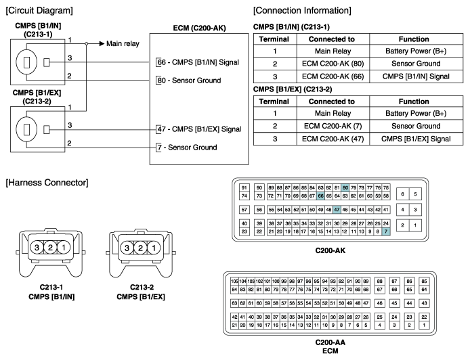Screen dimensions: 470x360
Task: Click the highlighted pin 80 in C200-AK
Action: pos(345,188)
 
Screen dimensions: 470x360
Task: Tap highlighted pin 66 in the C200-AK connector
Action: pos(321,196)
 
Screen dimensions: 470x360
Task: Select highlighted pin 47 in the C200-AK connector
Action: pos(337,210)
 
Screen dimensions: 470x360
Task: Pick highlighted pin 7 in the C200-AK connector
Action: pos(386,231)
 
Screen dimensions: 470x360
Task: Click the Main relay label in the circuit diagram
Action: pos(123,44)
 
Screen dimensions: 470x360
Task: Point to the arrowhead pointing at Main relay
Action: pos(102,44)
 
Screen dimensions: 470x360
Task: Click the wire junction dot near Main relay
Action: pos(86,44)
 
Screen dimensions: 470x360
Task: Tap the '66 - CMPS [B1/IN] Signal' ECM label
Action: pos(198,62)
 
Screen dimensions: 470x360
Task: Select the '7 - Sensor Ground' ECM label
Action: pos(188,148)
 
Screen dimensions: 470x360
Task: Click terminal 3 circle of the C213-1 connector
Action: pos(37,248)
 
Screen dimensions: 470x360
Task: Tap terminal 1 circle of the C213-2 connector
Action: pos(154,248)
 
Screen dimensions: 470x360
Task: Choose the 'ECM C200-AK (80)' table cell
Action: pos(333,64)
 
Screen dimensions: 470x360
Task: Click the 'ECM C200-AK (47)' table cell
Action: pos(333,139)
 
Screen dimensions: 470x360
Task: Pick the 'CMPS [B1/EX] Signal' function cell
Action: pos(416,139)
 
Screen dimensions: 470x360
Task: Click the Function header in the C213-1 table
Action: pos(414,39)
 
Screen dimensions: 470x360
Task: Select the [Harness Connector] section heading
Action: pos(47,183)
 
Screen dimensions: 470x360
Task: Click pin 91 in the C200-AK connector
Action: pos(244,188)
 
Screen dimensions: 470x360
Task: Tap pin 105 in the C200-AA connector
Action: pos(234,282)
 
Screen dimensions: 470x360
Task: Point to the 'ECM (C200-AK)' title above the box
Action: pos(199,28)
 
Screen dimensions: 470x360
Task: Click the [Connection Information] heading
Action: pos(302,10)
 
